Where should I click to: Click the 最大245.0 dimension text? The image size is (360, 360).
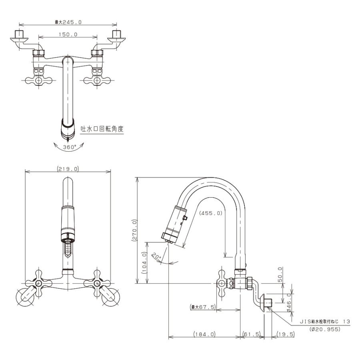click(x=68, y=22)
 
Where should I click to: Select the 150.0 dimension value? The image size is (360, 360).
click(x=68, y=34)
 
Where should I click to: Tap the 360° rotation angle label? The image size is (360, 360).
click(x=70, y=147)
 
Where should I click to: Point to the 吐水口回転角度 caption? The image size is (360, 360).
click(x=102, y=129)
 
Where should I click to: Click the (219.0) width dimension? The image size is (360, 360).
click(x=68, y=169)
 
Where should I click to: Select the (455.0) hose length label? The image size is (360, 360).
click(x=211, y=213)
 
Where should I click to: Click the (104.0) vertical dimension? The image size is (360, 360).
click(x=144, y=262)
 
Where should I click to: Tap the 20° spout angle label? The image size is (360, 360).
click(x=156, y=256)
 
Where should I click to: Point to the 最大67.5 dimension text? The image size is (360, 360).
click(x=203, y=307)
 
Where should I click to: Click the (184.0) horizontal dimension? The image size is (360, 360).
click(x=204, y=334)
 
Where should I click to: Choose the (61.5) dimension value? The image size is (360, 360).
click(x=252, y=334)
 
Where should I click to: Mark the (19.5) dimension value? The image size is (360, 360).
click(x=285, y=334)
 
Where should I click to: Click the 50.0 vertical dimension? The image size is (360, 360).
click(x=280, y=274)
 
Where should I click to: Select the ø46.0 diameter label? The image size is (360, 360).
click(x=289, y=303)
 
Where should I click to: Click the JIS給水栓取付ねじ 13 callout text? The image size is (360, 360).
click(x=325, y=322)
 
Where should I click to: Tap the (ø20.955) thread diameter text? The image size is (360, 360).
click(x=325, y=329)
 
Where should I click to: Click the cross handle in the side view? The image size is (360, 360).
click(x=222, y=284)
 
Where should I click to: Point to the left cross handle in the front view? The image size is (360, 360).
click(x=38, y=283)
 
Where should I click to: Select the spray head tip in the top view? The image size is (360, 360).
click(x=68, y=137)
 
